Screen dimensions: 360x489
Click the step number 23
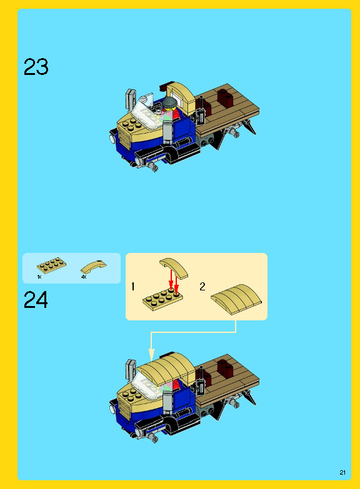point(36,67)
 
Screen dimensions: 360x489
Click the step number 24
point(36,300)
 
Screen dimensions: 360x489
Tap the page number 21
point(342,473)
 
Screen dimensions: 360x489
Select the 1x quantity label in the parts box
point(39,277)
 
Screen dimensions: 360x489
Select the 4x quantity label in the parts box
point(84,277)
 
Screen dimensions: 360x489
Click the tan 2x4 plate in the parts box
point(51,265)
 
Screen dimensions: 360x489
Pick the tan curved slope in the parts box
point(93,267)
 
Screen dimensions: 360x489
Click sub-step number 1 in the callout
point(133,286)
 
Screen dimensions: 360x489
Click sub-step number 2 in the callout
point(202,286)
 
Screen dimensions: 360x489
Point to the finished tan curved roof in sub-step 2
point(236,299)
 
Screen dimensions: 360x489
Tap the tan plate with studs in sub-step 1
point(162,299)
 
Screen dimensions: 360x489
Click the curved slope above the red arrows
point(174,267)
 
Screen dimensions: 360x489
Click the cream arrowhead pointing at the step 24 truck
point(151,354)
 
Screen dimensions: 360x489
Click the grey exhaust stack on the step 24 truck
point(131,369)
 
